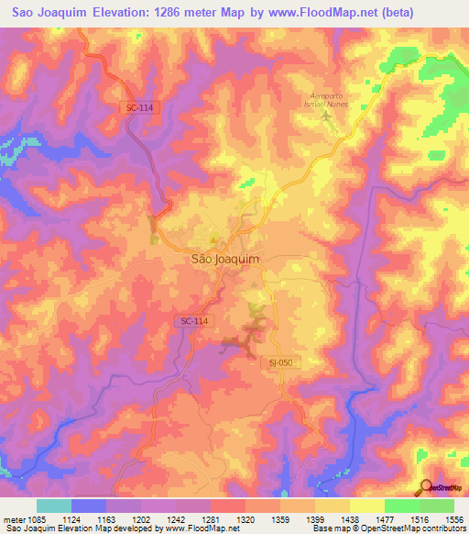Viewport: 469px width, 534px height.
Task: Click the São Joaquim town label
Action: click(224, 259)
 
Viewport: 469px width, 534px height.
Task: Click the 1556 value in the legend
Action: click(449, 520)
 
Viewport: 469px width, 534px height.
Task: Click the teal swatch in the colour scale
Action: click(54, 506)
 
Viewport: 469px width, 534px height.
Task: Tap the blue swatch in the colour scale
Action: click(89, 506)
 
